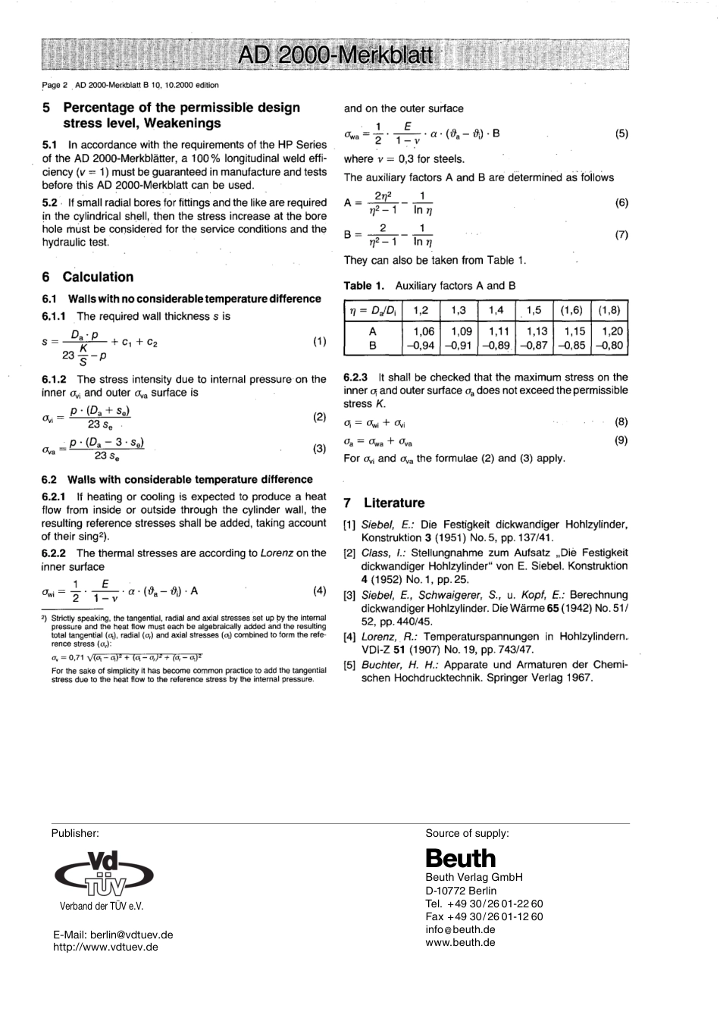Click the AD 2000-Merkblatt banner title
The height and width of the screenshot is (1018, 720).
point(334,56)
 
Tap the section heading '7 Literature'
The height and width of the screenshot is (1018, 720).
point(383,503)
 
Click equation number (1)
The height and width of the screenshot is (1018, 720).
point(319,341)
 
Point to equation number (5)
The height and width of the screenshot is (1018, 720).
point(621,134)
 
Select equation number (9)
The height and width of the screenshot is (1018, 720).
point(621,440)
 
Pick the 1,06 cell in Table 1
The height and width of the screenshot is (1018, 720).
point(423,332)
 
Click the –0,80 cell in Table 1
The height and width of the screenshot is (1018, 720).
point(609,345)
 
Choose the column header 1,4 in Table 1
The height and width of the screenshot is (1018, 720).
point(496,310)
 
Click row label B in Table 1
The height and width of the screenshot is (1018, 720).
point(372,345)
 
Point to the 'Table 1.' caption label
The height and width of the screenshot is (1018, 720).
point(364,286)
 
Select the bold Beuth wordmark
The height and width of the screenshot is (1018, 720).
point(460,858)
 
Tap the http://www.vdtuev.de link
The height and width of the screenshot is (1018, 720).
point(105,947)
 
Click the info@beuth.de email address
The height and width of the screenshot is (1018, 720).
point(460,929)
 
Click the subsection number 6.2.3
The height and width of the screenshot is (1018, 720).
point(355,377)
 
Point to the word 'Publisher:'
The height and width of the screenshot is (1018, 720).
point(75,833)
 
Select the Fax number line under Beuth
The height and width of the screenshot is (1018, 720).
point(484,916)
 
